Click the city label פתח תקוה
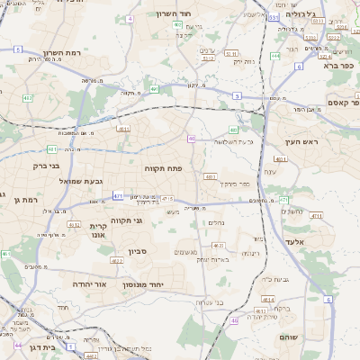(x=164, y=167)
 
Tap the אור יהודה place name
(x=90, y=283)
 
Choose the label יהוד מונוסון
(x=164, y=283)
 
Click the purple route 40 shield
(x=192, y=138)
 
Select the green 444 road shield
(x=274, y=56)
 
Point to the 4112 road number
(x=75, y=225)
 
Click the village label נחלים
(x=217, y=222)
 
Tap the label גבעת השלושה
(x=231, y=142)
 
